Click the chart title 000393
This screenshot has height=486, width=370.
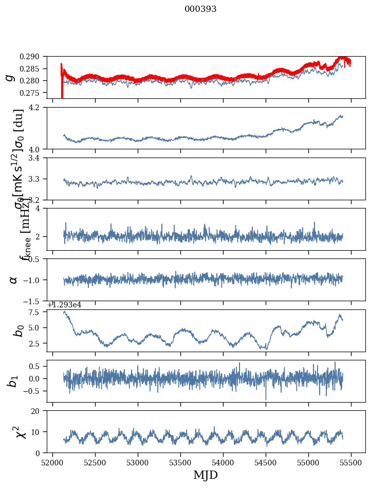pos(200,9)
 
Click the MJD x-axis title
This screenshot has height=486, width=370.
pos(206,475)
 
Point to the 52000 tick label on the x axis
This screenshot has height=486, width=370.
pos(52,462)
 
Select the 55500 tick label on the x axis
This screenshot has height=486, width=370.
pos(351,462)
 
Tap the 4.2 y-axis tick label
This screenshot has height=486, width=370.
pos(39,108)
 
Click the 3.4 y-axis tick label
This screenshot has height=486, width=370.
pos(39,158)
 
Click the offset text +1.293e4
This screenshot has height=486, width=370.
pos(64,305)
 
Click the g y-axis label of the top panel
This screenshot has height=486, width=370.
pos(9,77)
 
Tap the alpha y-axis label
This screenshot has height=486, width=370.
pos(13,280)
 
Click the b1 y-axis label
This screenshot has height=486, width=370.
pos(13,380)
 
